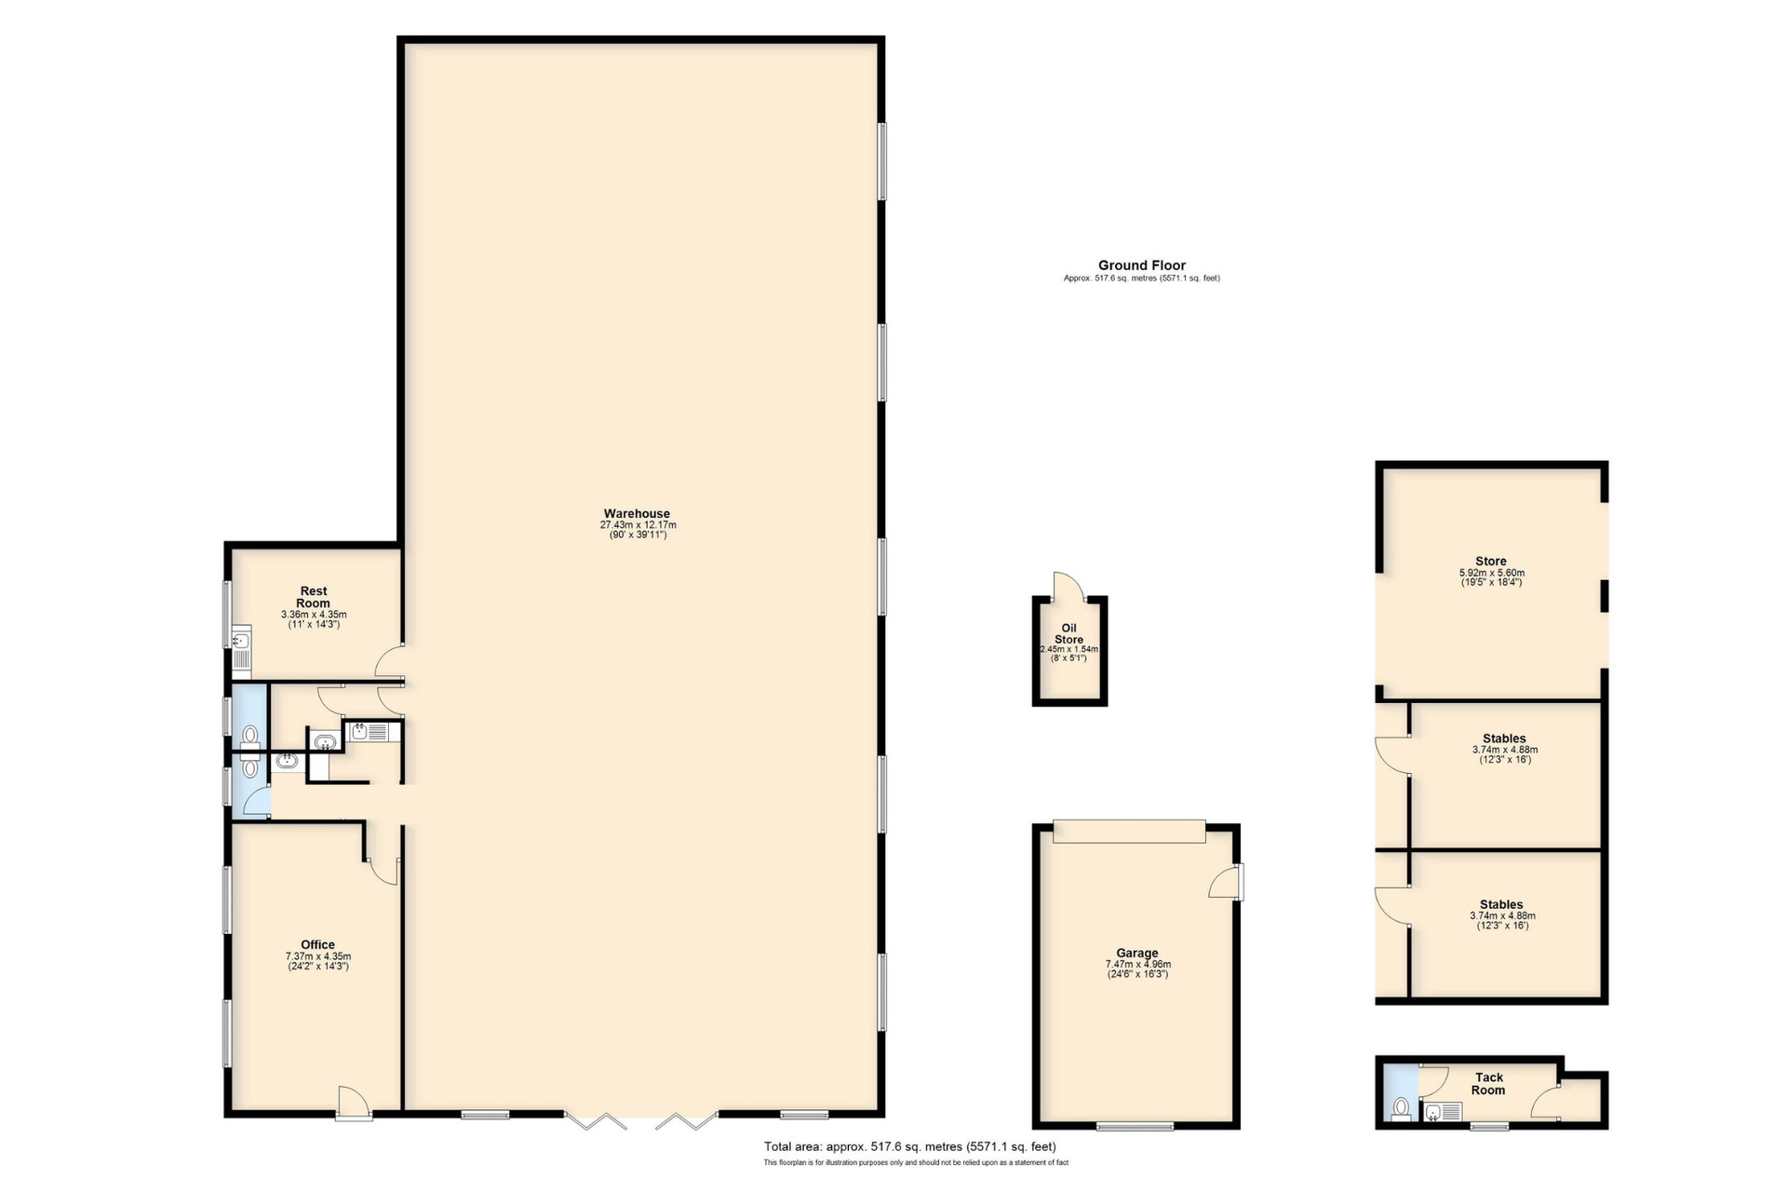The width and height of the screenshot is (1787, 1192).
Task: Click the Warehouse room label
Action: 637,514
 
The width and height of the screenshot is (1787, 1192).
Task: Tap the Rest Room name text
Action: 314,597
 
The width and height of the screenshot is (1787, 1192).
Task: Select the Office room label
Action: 317,944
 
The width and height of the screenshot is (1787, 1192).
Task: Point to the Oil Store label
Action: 1068,634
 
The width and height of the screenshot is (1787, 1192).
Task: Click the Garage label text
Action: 1137,954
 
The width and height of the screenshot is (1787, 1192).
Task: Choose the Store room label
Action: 1490,562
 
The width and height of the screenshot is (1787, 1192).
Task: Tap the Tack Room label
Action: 1488,1084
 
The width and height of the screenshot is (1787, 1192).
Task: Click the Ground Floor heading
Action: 1141,265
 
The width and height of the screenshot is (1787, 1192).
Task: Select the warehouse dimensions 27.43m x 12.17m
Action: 638,525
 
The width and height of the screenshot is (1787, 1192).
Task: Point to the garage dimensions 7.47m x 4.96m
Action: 1137,965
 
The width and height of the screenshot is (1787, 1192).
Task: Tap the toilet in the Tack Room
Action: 1401,1109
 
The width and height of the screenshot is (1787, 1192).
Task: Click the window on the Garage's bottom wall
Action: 1135,1127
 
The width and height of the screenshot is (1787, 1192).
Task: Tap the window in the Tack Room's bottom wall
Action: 1489,1127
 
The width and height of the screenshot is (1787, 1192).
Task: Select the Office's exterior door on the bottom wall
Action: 355,1103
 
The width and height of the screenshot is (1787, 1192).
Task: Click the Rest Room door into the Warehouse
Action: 390,661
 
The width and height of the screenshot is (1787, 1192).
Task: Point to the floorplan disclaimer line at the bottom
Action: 916,1162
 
